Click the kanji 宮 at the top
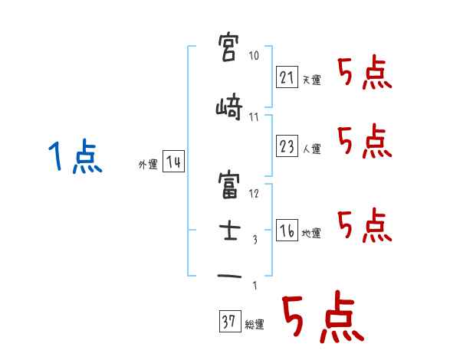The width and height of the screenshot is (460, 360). [x=229, y=48]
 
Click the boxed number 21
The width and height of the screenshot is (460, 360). [x=287, y=77]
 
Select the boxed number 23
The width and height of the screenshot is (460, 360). [x=287, y=146]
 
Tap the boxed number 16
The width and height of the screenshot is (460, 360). [x=287, y=231]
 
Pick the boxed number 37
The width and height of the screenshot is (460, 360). [x=229, y=322]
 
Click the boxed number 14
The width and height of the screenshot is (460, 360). [x=172, y=162]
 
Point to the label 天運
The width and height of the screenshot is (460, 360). [x=310, y=80]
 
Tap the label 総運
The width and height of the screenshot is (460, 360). [x=254, y=325]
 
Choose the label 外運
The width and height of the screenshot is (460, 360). [x=147, y=164]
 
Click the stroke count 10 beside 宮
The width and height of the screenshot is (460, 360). [x=254, y=56]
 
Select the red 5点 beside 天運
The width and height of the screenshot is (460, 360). [x=363, y=73]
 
